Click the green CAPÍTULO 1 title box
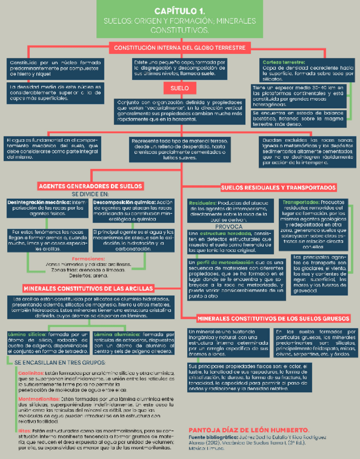pyautogui.click(x=179, y=19)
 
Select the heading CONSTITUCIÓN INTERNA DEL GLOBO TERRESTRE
pyautogui.click(x=179, y=48)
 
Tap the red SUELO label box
pyautogui.click(x=179, y=87)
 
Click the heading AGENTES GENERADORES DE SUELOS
pyautogui.click(x=90, y=186)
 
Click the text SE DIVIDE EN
pyautogui.click(x=90, y=193)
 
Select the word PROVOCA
pyautogui.click(x=233, y=227)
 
